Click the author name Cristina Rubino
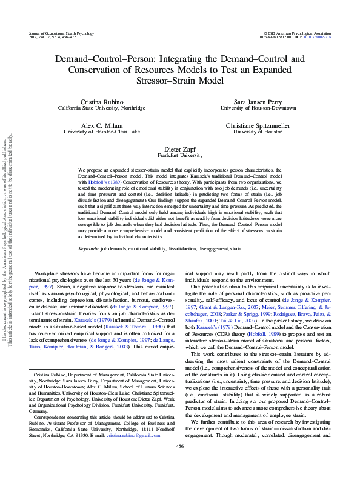click(x=101, y=101)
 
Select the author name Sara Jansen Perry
click(x=258, y=101)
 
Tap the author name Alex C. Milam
click(x=101, y=124)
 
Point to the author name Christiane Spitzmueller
click(x=258, y=124)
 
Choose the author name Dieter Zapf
click(x=180, y=148)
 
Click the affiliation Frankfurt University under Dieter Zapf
click(x=180, y=155)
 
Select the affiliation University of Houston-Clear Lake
click(x=101, y=131)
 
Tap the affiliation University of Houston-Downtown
click(x=258, y=108)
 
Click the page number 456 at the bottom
click(x=180, y=463)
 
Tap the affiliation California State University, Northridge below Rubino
click(x=101, y=108)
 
